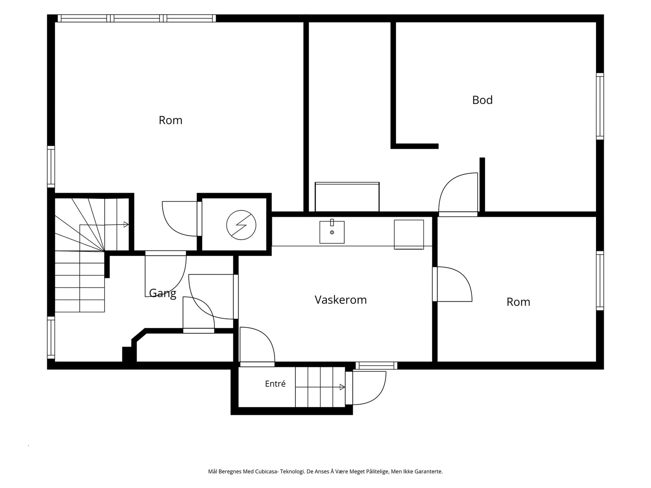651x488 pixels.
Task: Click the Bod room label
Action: click(482, 100)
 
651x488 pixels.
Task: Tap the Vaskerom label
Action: click(341, 300)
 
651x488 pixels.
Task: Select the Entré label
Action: click(275, 384)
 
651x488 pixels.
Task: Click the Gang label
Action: click(162, 293)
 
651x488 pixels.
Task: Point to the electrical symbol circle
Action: click(241, 225)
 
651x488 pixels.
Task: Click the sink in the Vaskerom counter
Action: click(332, 232)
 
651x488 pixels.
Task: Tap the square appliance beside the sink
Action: click(409, 234)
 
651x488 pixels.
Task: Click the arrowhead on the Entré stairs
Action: click(342, 387)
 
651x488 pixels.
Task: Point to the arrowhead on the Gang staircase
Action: click(126, 224)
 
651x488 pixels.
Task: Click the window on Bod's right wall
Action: click(600, 107)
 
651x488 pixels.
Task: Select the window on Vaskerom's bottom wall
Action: click(376, 366)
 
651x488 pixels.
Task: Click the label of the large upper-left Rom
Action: click(170, 120)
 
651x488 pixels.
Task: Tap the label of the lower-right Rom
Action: click(518, 302)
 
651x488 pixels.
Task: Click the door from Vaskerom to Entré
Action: click(257, 347)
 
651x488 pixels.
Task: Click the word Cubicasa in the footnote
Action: click(267, 471)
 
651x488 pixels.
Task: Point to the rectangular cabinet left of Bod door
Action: click(347, 197)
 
